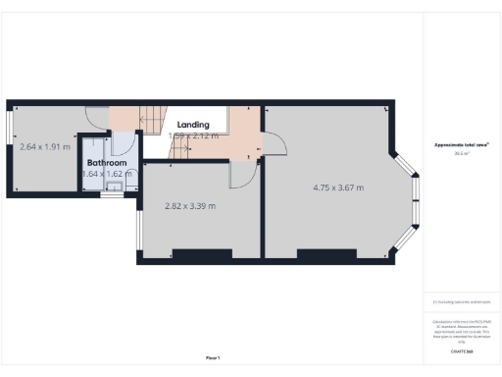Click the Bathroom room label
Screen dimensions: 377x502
tap(107, 162)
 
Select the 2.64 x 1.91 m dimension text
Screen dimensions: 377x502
tap(46, 147)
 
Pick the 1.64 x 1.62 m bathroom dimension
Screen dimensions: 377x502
tap(107, 174)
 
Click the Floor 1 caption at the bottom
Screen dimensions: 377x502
tap(213, 357)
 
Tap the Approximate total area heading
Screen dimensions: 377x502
tap(462, 145)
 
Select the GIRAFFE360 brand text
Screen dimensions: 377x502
tap(462, 350)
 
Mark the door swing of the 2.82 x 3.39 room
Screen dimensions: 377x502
tap(240, 175)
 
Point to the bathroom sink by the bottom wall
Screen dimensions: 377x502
tap(114, 187)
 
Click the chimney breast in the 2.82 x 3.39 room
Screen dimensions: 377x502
tap(203, 254)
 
